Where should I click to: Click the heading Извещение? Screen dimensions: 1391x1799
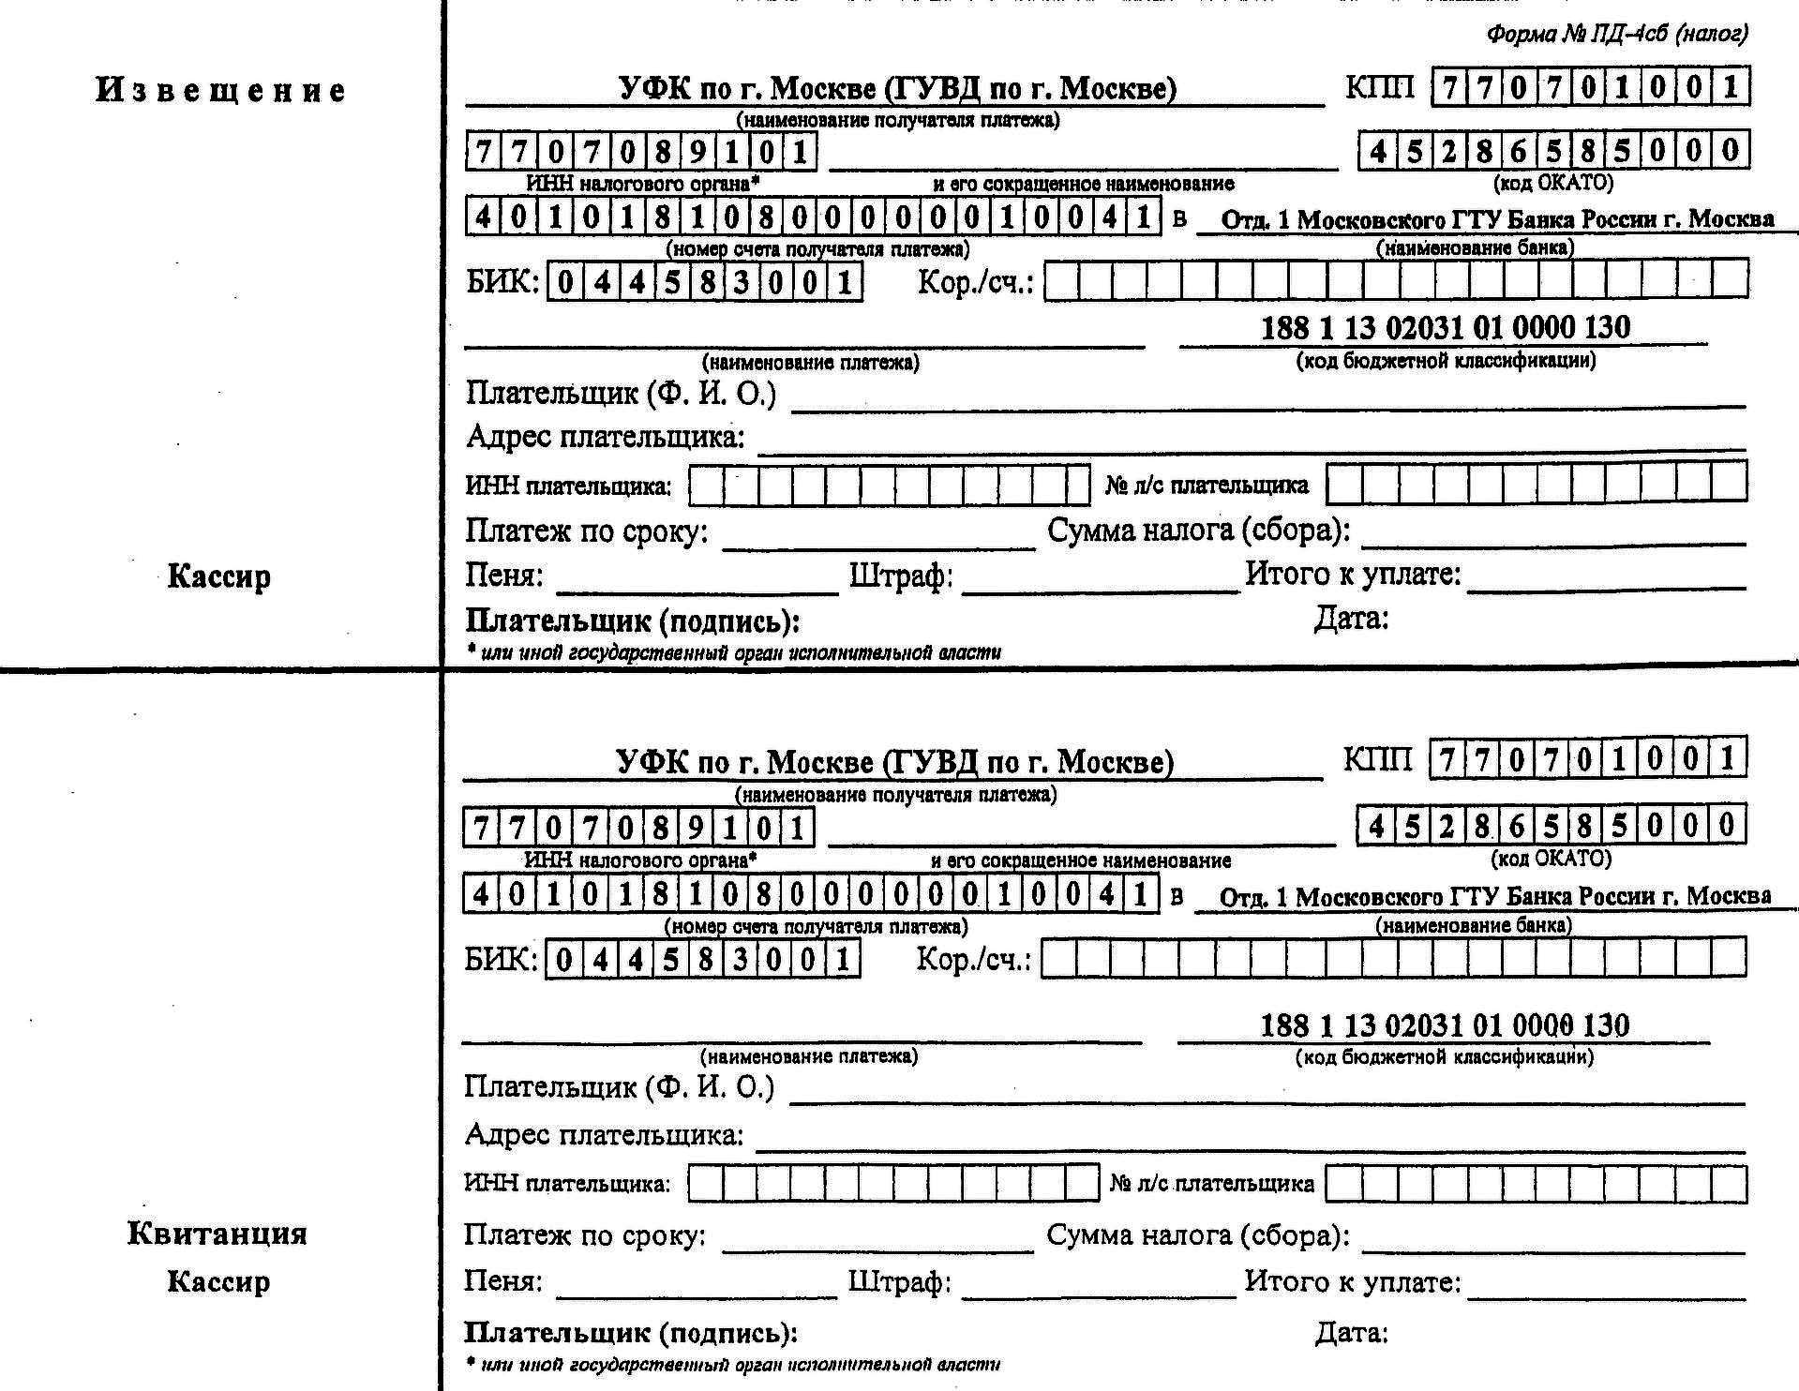point(221,91)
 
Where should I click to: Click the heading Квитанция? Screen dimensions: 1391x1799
point(217,1234)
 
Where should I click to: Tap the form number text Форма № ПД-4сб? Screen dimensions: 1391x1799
point(1616,36)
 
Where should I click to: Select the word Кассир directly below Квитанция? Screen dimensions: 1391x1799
point(218,1281)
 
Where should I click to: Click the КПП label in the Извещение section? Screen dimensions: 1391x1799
point(1379,87)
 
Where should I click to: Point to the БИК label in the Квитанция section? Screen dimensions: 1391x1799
point(502,959)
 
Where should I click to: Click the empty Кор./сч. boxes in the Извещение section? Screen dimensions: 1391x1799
point(1396,279)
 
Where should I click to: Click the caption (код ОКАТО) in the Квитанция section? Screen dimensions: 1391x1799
point(1551,858)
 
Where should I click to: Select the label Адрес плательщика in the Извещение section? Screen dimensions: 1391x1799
point(606,437)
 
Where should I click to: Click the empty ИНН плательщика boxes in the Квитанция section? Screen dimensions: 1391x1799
point(892,1183)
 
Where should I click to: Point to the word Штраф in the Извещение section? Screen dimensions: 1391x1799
point(901,575)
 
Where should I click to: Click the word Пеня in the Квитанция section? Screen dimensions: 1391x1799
point(503,1280)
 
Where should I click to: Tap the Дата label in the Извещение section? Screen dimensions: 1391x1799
point(1351,619)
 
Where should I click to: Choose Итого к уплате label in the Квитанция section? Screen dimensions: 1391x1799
point(1352,1281)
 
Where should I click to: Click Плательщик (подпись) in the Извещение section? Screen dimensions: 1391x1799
point(633,621)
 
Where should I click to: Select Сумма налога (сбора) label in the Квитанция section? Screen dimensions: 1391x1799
point(1197,1235)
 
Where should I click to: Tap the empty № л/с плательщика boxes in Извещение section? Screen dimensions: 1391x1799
point(1537,483)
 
